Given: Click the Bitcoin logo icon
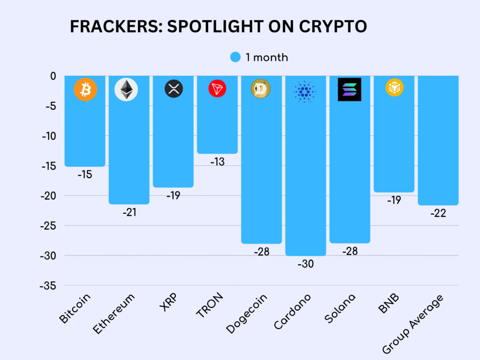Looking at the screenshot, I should click(x=85, y=89).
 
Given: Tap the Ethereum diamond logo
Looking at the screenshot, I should click(x=126, y=89).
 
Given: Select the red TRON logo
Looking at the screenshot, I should click(x=217, y=88).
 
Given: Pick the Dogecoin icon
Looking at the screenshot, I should click(x=261, y=89).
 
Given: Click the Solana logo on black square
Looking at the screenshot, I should click(x=349, y=89).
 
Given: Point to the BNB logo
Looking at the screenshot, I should click(x=394, y=88).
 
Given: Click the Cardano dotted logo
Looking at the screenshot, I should click(x=304, y=91).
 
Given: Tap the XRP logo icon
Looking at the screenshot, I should click(x=173, y=89).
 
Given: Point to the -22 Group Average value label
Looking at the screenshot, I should click(x=438, y=213).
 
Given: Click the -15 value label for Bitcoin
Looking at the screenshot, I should click(x=84, y=175).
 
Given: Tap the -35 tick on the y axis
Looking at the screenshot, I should click(x=46, y=285).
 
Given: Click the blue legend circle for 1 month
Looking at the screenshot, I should click(x=235, y=57).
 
